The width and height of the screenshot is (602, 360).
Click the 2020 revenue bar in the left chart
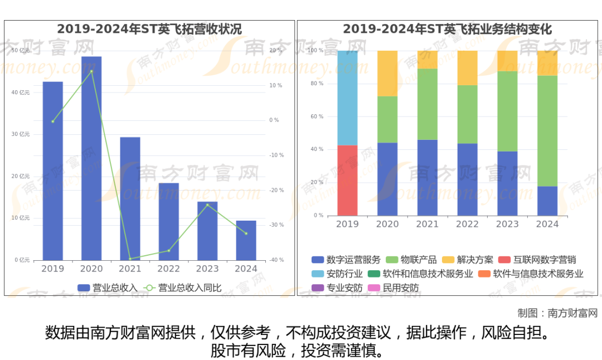coord(91,158)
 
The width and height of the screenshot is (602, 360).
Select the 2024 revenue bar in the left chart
coord(246,240)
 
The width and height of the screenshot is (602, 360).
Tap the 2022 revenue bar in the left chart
coord(169,221)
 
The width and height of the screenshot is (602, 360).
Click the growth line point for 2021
coord(130,259)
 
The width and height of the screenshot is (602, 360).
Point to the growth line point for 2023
coord(207,205)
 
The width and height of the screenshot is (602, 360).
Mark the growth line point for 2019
coord(53,121)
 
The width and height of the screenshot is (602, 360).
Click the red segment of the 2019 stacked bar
coord(347,181)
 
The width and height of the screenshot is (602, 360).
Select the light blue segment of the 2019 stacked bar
coord(347,98)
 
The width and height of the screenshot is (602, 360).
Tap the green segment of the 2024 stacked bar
coord(547,131)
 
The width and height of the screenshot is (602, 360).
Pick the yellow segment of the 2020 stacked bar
coord(387,74)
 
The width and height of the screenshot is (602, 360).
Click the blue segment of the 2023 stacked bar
coord(507,183)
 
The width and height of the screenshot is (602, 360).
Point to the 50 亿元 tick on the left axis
coord(21,51)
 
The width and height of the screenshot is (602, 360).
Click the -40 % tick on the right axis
coord(276,260)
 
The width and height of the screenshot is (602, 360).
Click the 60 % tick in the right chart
coord(317,116)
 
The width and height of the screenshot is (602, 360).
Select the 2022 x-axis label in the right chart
coord(467,224)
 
